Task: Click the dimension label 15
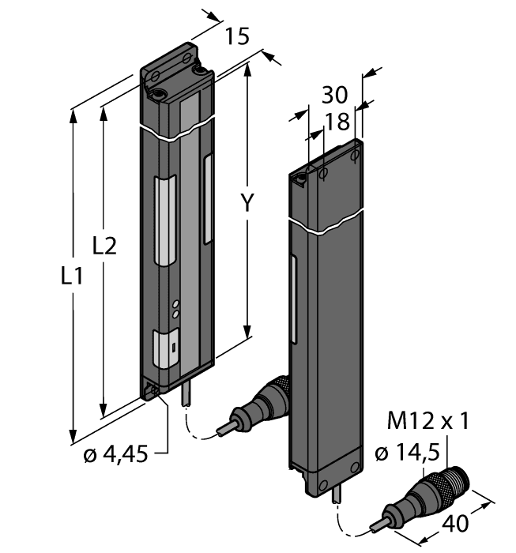click(x=237, y=36)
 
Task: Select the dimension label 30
click(x=335, y=96)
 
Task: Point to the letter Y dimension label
click(x=248, y=203)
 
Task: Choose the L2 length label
click(x=104, y=246)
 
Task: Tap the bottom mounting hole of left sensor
click(x=155, y=389)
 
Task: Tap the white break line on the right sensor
click(x=327, y=224)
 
